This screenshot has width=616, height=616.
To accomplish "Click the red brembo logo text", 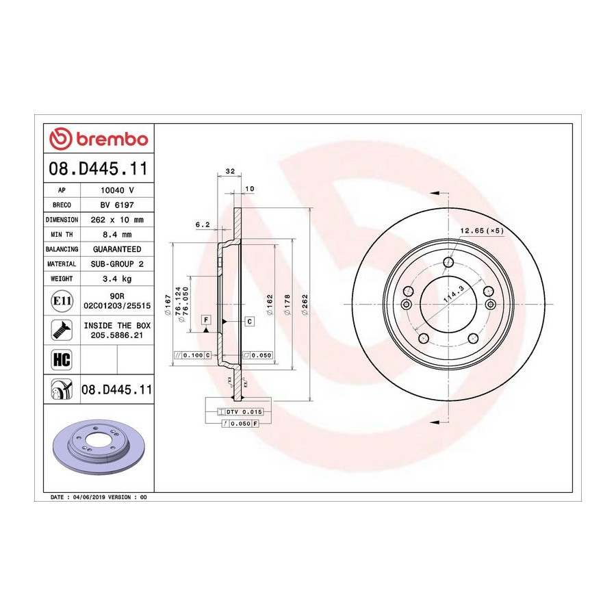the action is (112, 140).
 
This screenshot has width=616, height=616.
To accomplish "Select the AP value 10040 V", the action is (117, 190).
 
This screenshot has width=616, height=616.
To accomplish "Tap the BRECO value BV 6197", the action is (117, 205).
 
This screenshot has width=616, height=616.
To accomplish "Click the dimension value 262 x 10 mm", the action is (117, 220).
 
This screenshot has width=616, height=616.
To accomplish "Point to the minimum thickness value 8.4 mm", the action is (117, 235).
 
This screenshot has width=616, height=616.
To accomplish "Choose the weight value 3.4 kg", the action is (117, 279).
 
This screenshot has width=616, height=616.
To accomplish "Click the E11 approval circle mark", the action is (62, 301).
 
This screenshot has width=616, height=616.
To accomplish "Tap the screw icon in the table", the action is (62, 330).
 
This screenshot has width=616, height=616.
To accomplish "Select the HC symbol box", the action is (62, 359).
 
